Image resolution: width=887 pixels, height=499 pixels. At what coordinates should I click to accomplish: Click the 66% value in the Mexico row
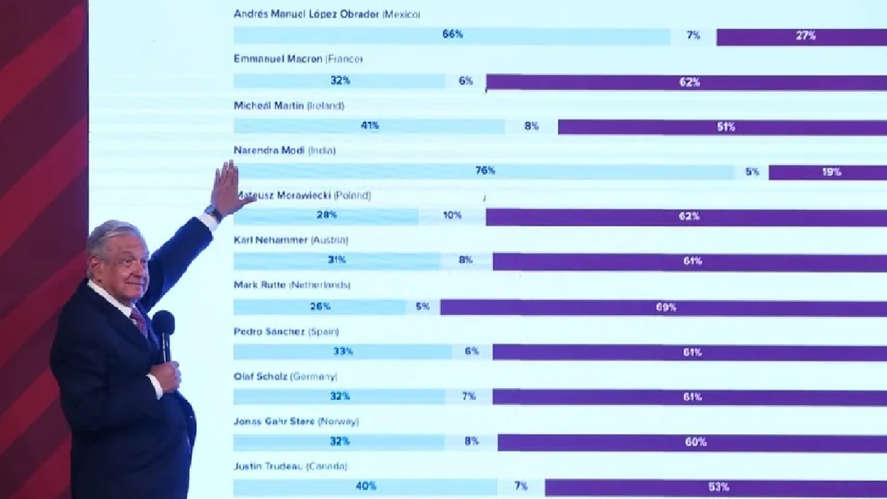452,35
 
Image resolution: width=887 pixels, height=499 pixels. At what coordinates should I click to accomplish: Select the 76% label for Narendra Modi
485,171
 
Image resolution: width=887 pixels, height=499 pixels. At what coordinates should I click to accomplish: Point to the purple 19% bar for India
828,172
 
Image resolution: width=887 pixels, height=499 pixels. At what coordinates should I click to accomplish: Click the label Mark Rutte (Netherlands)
291,285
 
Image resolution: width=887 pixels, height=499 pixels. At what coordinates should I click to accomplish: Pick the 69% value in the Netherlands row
665,307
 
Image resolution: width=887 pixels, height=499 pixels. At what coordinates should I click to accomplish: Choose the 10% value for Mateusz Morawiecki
452,216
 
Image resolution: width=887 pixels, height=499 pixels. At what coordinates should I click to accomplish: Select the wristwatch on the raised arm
214,214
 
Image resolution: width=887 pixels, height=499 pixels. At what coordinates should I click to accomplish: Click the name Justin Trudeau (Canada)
290,466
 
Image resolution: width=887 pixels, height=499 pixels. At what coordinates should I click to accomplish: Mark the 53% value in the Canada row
718,486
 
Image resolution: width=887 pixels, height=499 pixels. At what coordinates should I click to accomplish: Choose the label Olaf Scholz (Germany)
280,376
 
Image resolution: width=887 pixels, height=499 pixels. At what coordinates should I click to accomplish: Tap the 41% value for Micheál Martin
370,126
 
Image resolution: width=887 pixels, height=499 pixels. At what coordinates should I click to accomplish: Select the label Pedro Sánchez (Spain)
286,331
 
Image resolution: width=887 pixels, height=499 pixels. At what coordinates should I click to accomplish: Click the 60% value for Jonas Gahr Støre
696,442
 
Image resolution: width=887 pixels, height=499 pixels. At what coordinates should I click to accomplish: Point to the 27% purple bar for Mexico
806,35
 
